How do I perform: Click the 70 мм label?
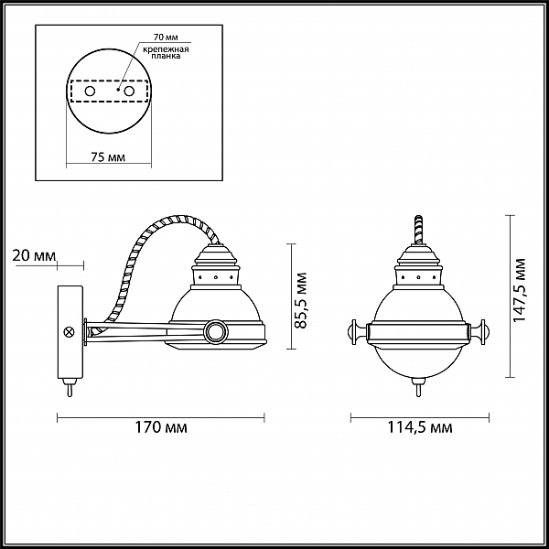166,38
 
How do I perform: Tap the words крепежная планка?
166,52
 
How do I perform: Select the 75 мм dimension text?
108,157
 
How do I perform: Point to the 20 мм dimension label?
34,255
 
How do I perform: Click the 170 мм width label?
161,427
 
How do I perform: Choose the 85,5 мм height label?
301,300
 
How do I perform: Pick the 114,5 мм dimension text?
420,427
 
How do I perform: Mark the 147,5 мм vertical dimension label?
520,290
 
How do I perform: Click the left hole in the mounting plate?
90,91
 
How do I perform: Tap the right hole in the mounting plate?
129,91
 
